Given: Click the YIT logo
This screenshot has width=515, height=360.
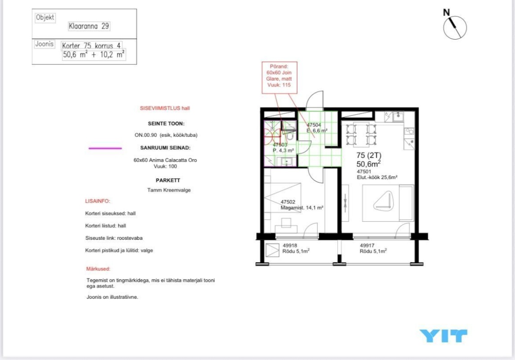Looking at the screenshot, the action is coord(443,336).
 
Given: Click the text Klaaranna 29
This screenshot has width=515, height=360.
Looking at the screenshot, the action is coord(89,26).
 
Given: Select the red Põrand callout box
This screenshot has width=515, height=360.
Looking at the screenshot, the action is coord(279,77).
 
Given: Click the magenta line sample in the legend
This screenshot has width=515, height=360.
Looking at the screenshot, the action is coord(105,148).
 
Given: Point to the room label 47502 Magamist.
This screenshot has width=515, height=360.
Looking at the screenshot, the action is coord(302,205).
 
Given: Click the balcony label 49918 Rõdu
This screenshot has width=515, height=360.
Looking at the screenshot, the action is coord(296,248).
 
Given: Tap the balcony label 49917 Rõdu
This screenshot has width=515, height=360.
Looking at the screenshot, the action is coord(373,248).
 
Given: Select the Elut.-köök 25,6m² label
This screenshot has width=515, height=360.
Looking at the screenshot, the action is coord(377,177).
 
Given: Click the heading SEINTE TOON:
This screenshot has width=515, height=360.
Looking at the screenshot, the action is coord(166,124).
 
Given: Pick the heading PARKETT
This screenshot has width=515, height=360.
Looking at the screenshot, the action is coord(168,180).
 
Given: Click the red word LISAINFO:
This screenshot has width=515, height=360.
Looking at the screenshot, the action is coord(98,201).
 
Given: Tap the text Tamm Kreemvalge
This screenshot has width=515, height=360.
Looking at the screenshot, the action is coord(169,190).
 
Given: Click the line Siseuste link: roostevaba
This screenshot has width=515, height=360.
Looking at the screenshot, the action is coord(113,238).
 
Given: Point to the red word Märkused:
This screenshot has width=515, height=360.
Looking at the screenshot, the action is coord(98,269).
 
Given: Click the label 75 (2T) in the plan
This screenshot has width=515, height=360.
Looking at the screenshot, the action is coord(369,156).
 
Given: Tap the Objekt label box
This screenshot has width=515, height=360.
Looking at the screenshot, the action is coord(45,18).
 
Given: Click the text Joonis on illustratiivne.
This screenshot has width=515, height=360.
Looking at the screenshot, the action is coord(113,297).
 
